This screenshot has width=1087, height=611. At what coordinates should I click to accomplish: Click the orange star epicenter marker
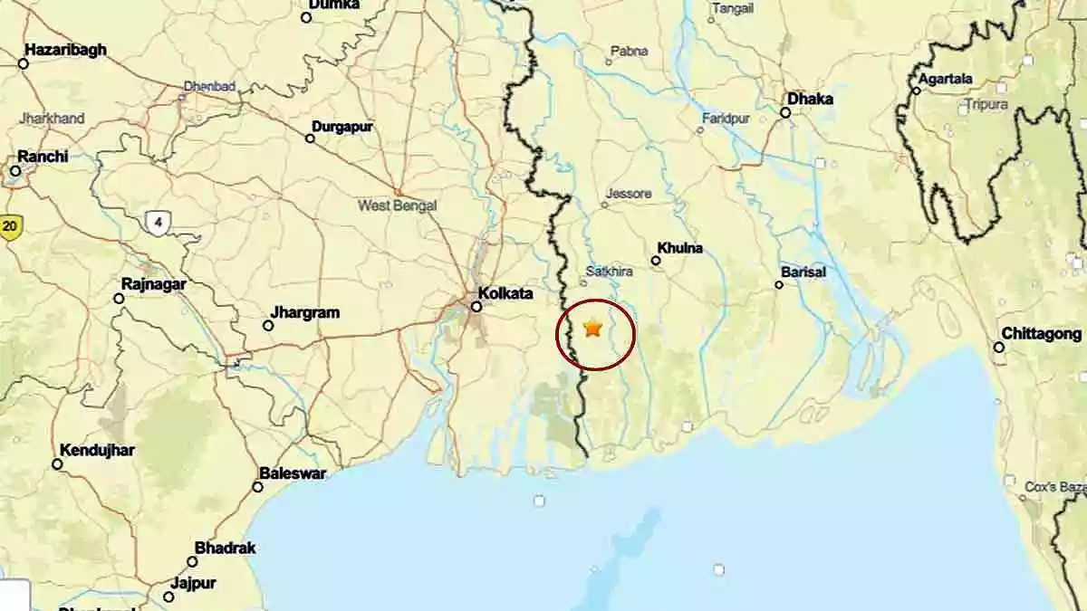(x=593, y=328)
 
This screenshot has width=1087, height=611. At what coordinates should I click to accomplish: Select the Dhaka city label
(x=810, y=99)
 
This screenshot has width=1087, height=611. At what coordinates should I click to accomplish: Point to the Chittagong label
(x=1043, y=334)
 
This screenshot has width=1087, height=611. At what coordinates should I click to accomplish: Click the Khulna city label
(x=680, y=248)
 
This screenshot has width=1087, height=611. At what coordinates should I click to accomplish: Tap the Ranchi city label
(x=43, y=157)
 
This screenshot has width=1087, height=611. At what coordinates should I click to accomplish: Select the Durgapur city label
(x=342, y=127)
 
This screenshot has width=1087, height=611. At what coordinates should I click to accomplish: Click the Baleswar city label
(x=293, y=473)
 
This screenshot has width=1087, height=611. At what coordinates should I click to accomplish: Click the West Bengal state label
(x=397, y=205)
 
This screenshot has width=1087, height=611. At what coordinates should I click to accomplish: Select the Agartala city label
(x=946, y=78)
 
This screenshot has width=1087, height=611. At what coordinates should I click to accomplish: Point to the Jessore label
(x=629, y=194)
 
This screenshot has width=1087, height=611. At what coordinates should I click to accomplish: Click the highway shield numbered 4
(x=158, y=222)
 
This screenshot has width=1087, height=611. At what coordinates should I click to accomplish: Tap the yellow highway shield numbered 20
(x=10, y=226)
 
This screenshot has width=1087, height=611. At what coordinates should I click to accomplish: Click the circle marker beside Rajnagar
(x=119, y=298)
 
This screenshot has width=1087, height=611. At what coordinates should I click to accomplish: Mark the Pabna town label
(x=630, y=52)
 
